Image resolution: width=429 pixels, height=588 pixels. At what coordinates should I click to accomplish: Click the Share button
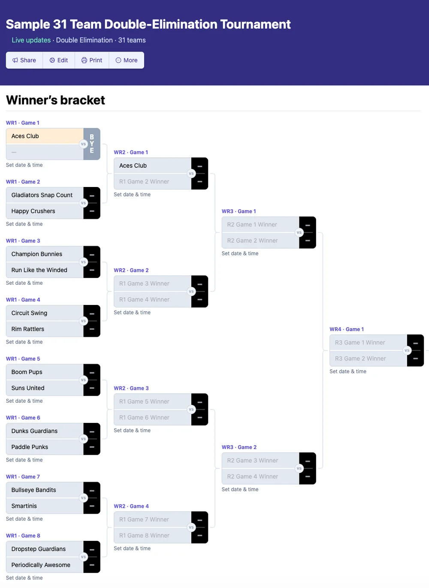(x=24, y=60)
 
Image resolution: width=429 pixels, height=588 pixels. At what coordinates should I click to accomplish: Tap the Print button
(x=92, y=60)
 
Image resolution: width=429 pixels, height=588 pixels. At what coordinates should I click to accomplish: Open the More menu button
(x=127, y=60)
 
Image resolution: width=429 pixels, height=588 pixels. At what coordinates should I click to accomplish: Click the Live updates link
(x=31, y=40)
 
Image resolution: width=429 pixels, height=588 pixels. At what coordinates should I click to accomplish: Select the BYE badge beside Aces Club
(x=92, y=144)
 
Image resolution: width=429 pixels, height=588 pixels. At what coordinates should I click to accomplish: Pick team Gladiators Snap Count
(x=42, y=195)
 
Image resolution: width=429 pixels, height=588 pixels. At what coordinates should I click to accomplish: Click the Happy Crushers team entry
(x=33, y=211)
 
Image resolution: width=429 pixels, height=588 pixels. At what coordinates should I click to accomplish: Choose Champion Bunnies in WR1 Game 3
(x=37, y=254)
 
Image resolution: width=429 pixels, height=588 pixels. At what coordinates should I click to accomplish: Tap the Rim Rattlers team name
(x=28, y=329)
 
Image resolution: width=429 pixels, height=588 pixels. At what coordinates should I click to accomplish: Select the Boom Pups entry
(x=27, y=372)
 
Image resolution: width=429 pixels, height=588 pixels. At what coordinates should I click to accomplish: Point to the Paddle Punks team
(x=30, y=447)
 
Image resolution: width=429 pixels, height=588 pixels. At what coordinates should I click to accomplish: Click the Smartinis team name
(x=24, y=506)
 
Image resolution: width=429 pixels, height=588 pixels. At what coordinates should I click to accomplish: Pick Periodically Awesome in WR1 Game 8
(x=41, y=565)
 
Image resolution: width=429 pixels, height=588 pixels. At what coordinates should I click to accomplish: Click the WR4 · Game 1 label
(x=347, y=329)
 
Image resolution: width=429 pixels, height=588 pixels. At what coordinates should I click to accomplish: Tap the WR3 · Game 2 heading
(x=239, y=447)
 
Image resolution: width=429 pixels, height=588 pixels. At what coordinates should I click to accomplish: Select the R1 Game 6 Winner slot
(x=144, y=418)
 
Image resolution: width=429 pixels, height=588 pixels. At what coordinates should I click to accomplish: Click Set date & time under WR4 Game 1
(x=348, y=371)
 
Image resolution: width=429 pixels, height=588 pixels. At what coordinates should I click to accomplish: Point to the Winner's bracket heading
(x=56, y=100)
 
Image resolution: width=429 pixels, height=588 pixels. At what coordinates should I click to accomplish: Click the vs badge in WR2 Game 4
(x=191, y=528)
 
